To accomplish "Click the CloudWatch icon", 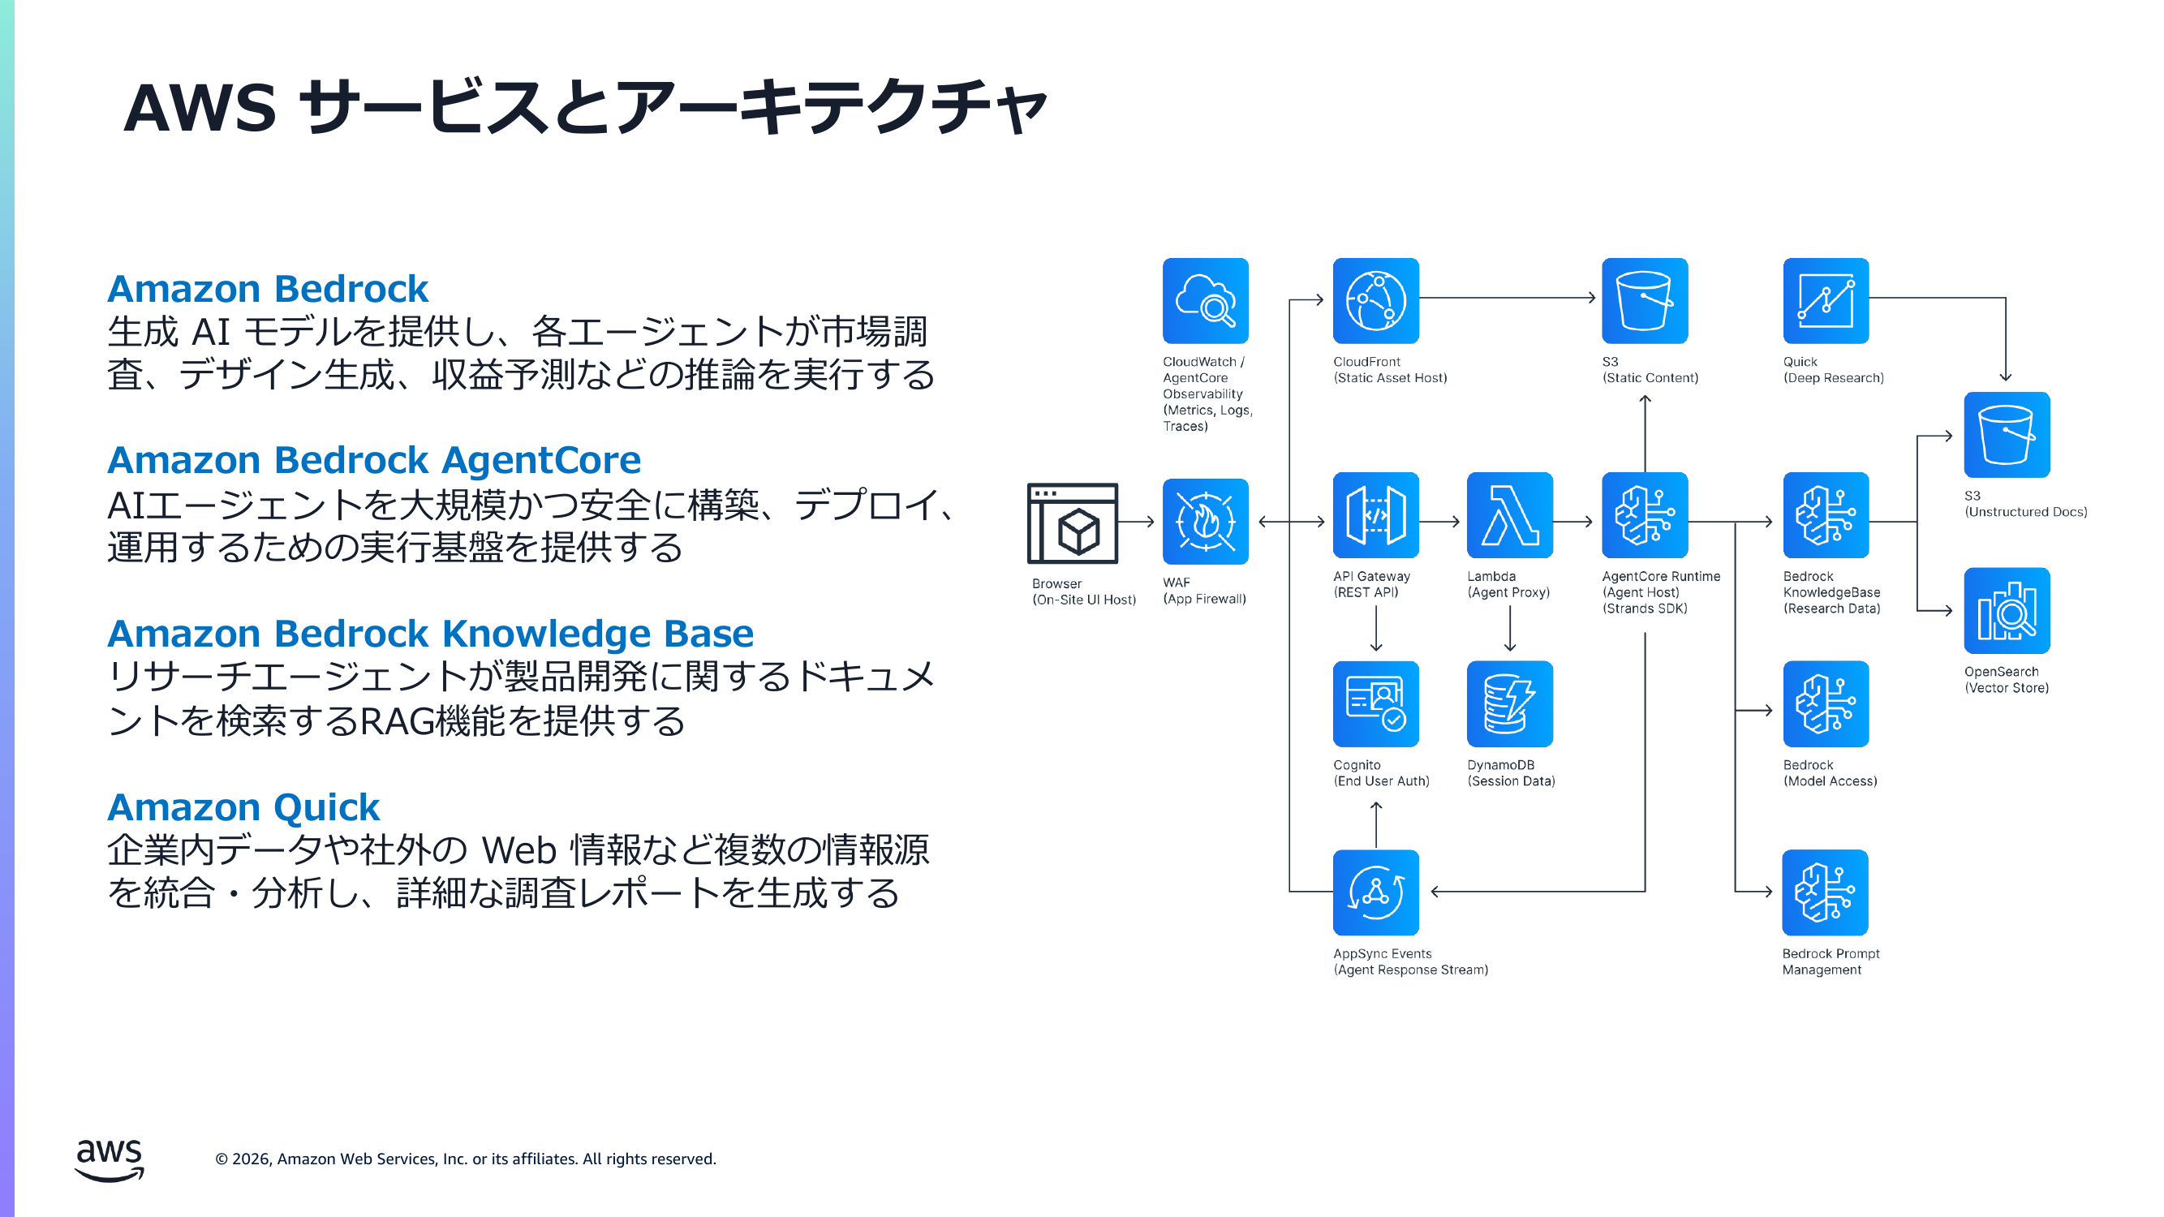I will point(1205,301).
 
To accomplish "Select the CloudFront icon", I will point(1375,301).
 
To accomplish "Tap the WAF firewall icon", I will point(1205,522).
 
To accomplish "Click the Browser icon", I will point(1072,523).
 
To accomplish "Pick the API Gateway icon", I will point(1375,515).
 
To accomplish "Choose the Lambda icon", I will point(1508,515).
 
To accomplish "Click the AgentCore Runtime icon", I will point(1644,515).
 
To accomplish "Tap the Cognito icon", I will point(1375,703).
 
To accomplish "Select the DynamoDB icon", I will point(1508,703).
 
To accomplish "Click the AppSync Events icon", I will point(1375,892).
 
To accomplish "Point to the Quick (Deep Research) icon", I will point(1826,301).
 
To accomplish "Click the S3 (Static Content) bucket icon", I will point(1644,301).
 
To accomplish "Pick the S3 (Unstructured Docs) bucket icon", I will point(2006,434).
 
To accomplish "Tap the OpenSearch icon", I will point(2006,611).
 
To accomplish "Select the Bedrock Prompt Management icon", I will point(1825,892).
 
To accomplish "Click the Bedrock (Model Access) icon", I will point(1826,703).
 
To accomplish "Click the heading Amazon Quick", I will point(243,807).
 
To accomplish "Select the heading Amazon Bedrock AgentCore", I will point(374,460).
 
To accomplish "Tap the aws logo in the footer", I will point(110,1160).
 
